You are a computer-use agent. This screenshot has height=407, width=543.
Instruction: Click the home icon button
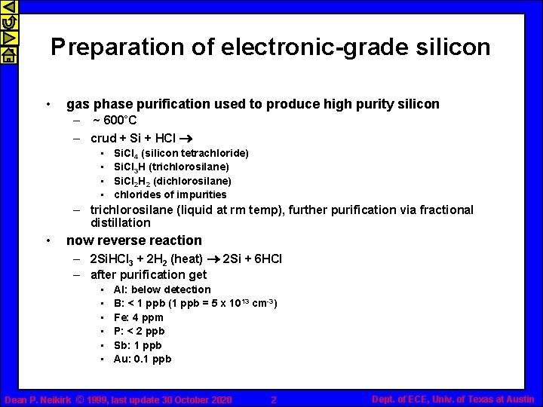click(x=8, y=54)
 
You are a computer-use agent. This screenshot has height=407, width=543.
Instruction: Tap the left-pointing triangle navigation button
click(x=8, y=8)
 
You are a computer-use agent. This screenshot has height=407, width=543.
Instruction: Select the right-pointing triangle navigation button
click(x=8, y=38)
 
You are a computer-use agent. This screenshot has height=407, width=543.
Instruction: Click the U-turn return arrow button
click(x=8, y=23)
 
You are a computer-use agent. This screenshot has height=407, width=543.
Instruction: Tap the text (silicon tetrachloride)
click(x=195, y=153)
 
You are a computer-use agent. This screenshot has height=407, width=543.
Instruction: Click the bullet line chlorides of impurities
click(x=170, y=194)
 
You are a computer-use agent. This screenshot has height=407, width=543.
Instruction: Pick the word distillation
click(x=121, y=223)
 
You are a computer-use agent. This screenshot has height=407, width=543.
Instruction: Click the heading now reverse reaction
click(x=134, y=240)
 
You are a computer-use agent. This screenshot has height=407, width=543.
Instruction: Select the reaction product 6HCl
click(x=263, y=259)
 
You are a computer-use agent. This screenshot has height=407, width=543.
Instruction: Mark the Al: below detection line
click(x=162, y=289)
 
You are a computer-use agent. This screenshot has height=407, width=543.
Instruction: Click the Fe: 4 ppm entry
click(x=138, y=317)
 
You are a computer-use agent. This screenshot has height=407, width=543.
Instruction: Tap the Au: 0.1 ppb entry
click(x=143, y=359)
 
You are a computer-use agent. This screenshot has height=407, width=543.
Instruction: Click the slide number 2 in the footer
click(x=274, y=399)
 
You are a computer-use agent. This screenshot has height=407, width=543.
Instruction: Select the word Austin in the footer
click(x=519, y=399)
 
